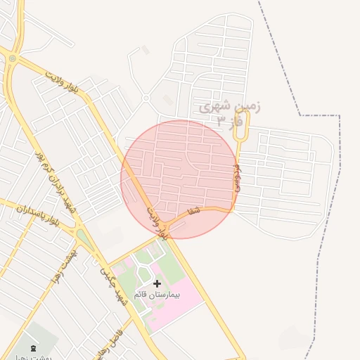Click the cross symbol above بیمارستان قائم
click(157, 283)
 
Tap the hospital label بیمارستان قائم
click(157, 295)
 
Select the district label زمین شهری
click(230, 108)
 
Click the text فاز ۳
click(229, 122)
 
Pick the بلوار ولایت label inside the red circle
click(158, 223)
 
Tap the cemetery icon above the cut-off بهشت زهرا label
click(34, 348)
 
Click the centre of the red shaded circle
click(179, 179)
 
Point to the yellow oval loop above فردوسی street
click(243, 122)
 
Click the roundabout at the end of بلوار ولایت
click(12, 58)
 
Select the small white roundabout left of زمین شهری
click(146, 98)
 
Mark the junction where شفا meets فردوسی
click(233, 208)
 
